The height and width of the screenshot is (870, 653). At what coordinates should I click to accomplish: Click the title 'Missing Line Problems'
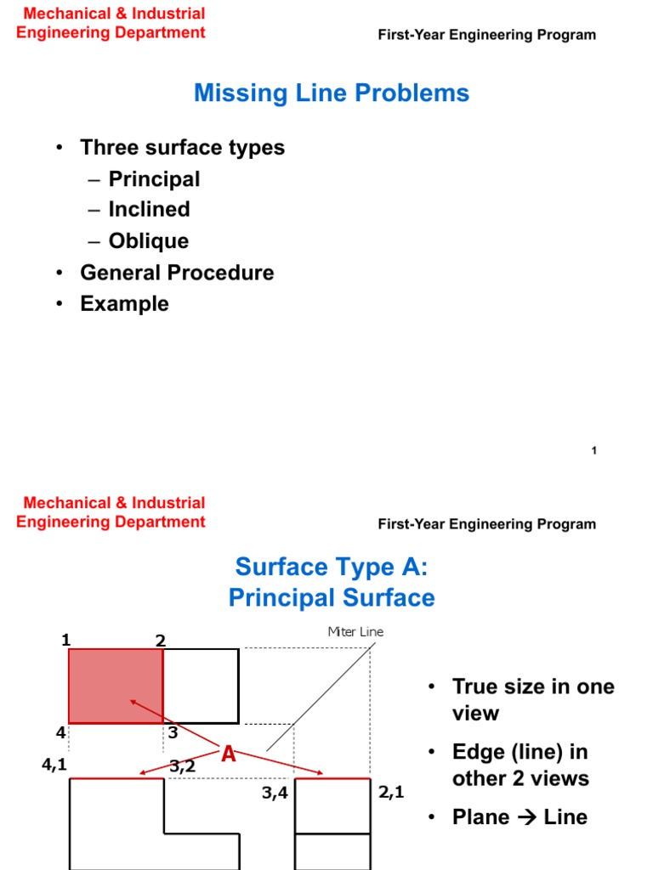332,93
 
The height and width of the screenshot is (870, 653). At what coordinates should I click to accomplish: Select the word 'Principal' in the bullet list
154,179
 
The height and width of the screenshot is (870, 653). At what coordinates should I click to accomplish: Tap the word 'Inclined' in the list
149,210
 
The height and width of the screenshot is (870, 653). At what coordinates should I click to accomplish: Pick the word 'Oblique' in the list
148,241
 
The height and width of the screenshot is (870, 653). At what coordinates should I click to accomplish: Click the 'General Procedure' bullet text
177,273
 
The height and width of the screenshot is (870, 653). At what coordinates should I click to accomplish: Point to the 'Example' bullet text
124,304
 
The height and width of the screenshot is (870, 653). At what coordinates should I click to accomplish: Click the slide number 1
593,450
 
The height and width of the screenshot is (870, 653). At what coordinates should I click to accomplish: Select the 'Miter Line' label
355,632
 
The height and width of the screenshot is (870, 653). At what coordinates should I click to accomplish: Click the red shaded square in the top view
115,686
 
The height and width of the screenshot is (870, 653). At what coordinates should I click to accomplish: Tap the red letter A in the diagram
228,753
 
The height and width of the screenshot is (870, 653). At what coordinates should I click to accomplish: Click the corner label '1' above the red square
65,640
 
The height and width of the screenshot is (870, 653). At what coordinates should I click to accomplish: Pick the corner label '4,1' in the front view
54,765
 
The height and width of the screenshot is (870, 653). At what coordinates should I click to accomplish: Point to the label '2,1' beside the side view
391,793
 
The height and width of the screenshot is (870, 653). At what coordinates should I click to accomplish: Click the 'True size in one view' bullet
532,699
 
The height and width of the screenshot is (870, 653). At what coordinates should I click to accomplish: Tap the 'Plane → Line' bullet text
519,817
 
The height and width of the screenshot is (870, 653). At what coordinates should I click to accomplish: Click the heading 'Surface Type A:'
332,567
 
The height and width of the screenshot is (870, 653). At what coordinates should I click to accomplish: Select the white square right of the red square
201,686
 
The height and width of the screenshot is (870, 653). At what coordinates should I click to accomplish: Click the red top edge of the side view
332,778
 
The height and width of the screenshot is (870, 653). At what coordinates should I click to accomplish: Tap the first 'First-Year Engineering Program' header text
486,35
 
